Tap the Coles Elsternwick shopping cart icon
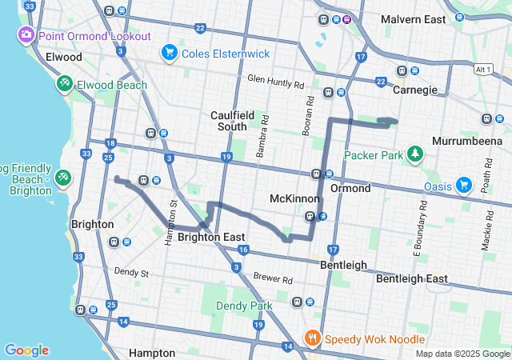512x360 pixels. [169, 54]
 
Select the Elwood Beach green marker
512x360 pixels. [64, 83]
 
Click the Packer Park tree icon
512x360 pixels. [414, 153]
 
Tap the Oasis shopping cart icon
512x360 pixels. [464, 186]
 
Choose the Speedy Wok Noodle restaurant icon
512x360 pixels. [312, 338]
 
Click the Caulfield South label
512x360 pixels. [234, 121]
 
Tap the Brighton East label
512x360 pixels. [211, 237]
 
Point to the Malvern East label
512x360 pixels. [413, 19]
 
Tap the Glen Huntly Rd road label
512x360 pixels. [276, 82]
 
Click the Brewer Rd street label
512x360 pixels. [274, 280]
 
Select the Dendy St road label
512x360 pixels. [131, 274]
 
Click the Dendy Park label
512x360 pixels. [244, 306]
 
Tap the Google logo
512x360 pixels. [26, 350]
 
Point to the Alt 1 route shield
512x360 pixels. [483, 70]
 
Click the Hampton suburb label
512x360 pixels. [151, 353]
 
